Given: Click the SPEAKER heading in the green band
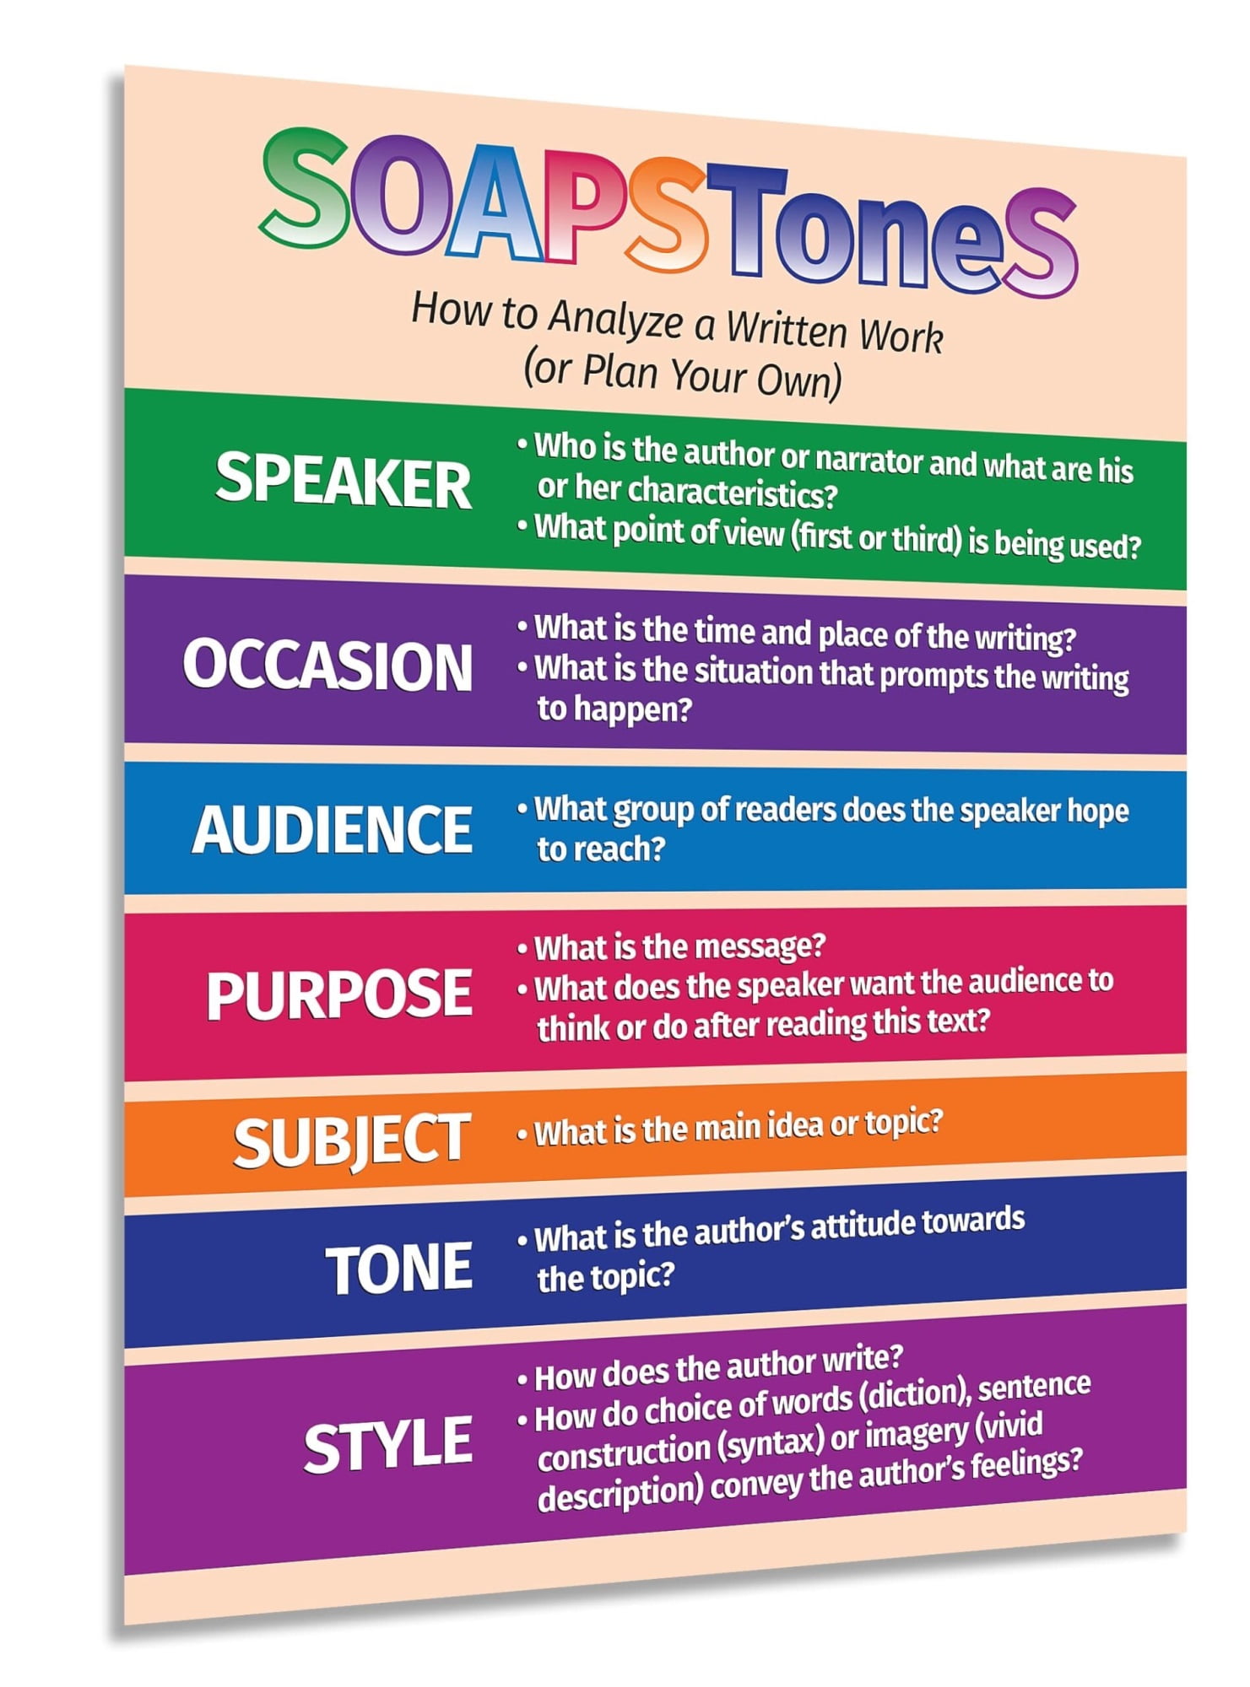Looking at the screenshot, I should click(343, 481).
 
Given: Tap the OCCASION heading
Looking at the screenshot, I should click(327, 666).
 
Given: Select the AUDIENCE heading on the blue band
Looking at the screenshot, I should click(332, 829).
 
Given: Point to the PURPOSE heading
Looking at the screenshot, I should click(338, 994).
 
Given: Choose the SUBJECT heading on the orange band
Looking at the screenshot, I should click(351, 1140).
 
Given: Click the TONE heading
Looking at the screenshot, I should click(398, 1268).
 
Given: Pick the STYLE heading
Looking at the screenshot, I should click(387, 1445).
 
